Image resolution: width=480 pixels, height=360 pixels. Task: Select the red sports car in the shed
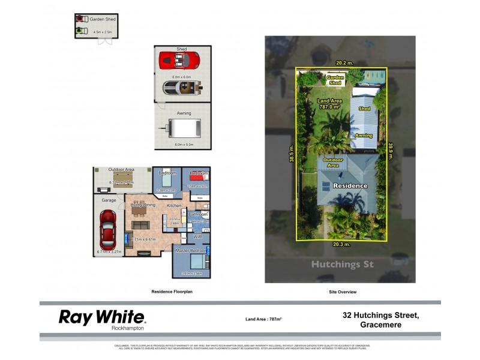tap(179, 60)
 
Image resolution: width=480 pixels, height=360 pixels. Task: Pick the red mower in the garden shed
tap(79, 20)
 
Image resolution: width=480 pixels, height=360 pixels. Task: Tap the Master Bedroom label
tap(191, 250)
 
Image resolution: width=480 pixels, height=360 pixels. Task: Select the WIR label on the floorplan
tap(197, 237)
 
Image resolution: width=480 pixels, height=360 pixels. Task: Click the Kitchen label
tap(174, 206)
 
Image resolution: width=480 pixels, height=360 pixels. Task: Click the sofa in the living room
tap(141, 224)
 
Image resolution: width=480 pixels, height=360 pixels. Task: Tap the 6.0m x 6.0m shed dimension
tap(181, 77)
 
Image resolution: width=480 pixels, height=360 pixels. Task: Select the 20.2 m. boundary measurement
tap(344, 62)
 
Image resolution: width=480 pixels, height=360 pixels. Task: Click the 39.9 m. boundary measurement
tap(391, 151)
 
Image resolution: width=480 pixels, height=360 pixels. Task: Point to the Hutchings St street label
tap(340, 265)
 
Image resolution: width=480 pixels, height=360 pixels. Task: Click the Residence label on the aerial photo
tap(350, 186)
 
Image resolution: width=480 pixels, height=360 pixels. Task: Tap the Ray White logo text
tap(101, 317)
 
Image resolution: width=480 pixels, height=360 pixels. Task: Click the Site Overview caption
tap(343, 292)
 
